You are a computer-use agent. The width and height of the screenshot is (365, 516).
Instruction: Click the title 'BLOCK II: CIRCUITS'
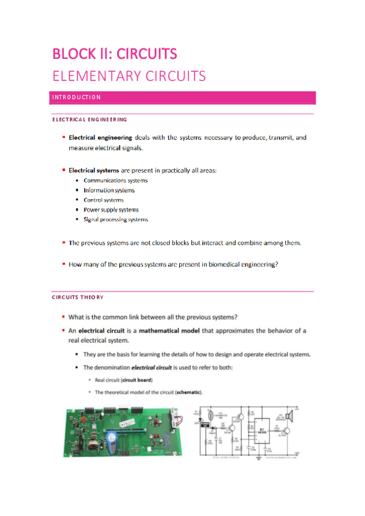tap(115, 54)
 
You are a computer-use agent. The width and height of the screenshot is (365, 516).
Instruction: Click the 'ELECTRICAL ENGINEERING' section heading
tap(89, 119)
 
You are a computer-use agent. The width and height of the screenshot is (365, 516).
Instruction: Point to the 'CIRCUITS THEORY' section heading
tap(77, 297)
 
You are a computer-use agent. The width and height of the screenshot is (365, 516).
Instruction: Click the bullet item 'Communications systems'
tap(115, 181)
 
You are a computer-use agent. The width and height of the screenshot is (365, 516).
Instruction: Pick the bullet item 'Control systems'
tap(103, 200)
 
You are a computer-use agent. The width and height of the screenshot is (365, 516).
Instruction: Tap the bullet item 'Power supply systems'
tap(111, 210)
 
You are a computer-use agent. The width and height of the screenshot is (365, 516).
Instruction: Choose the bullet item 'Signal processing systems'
tap(115, 220)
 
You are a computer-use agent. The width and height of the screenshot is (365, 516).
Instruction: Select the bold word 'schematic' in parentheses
tap(188, 391)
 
